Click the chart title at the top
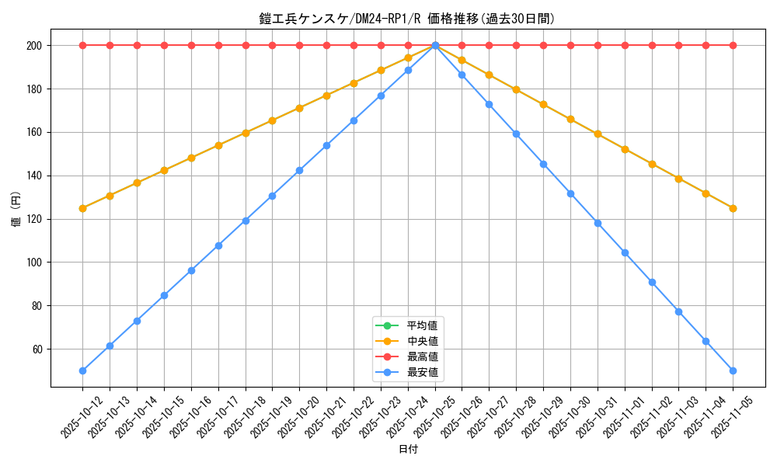[x=407, y=19]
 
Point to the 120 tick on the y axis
[x=35, y=219]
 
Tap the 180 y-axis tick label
[x=35, y=89]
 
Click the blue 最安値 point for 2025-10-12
[x=82, y=370]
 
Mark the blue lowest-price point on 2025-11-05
[x=733, y=370]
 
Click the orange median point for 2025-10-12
[x=82, y=208]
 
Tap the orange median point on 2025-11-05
[x=733, y=208]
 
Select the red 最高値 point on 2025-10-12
[x=82, y=45]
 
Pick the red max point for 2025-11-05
[x=733, y=45]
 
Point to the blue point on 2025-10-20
[x=299, y=170]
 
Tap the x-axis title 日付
[x=408, y=450]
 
